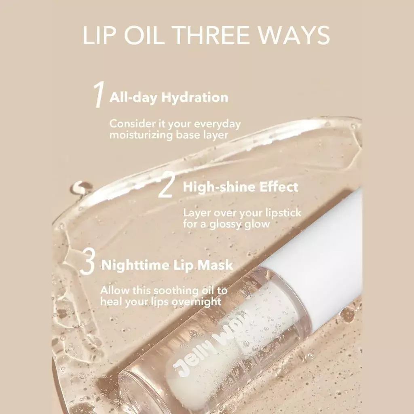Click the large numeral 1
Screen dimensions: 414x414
pos(98,95)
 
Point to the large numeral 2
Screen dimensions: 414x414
pos(166,186)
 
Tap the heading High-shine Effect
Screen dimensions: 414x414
pos(241,187)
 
